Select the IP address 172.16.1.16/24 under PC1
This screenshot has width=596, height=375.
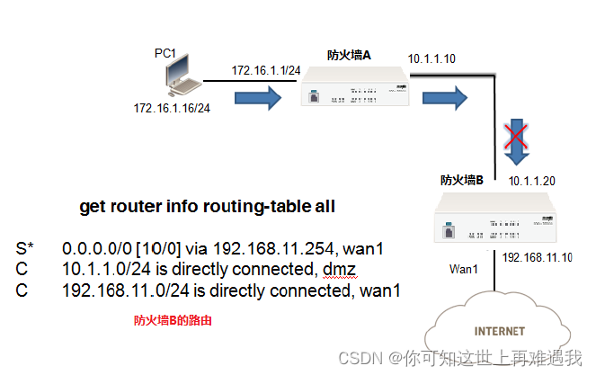tap(171, 110)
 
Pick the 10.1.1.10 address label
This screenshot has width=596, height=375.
tap(431, 59)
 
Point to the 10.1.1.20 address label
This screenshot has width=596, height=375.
tap(533, 182)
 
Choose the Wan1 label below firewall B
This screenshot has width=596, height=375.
tap(465, 269)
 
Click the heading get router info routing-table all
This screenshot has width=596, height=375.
tap(208, 207)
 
